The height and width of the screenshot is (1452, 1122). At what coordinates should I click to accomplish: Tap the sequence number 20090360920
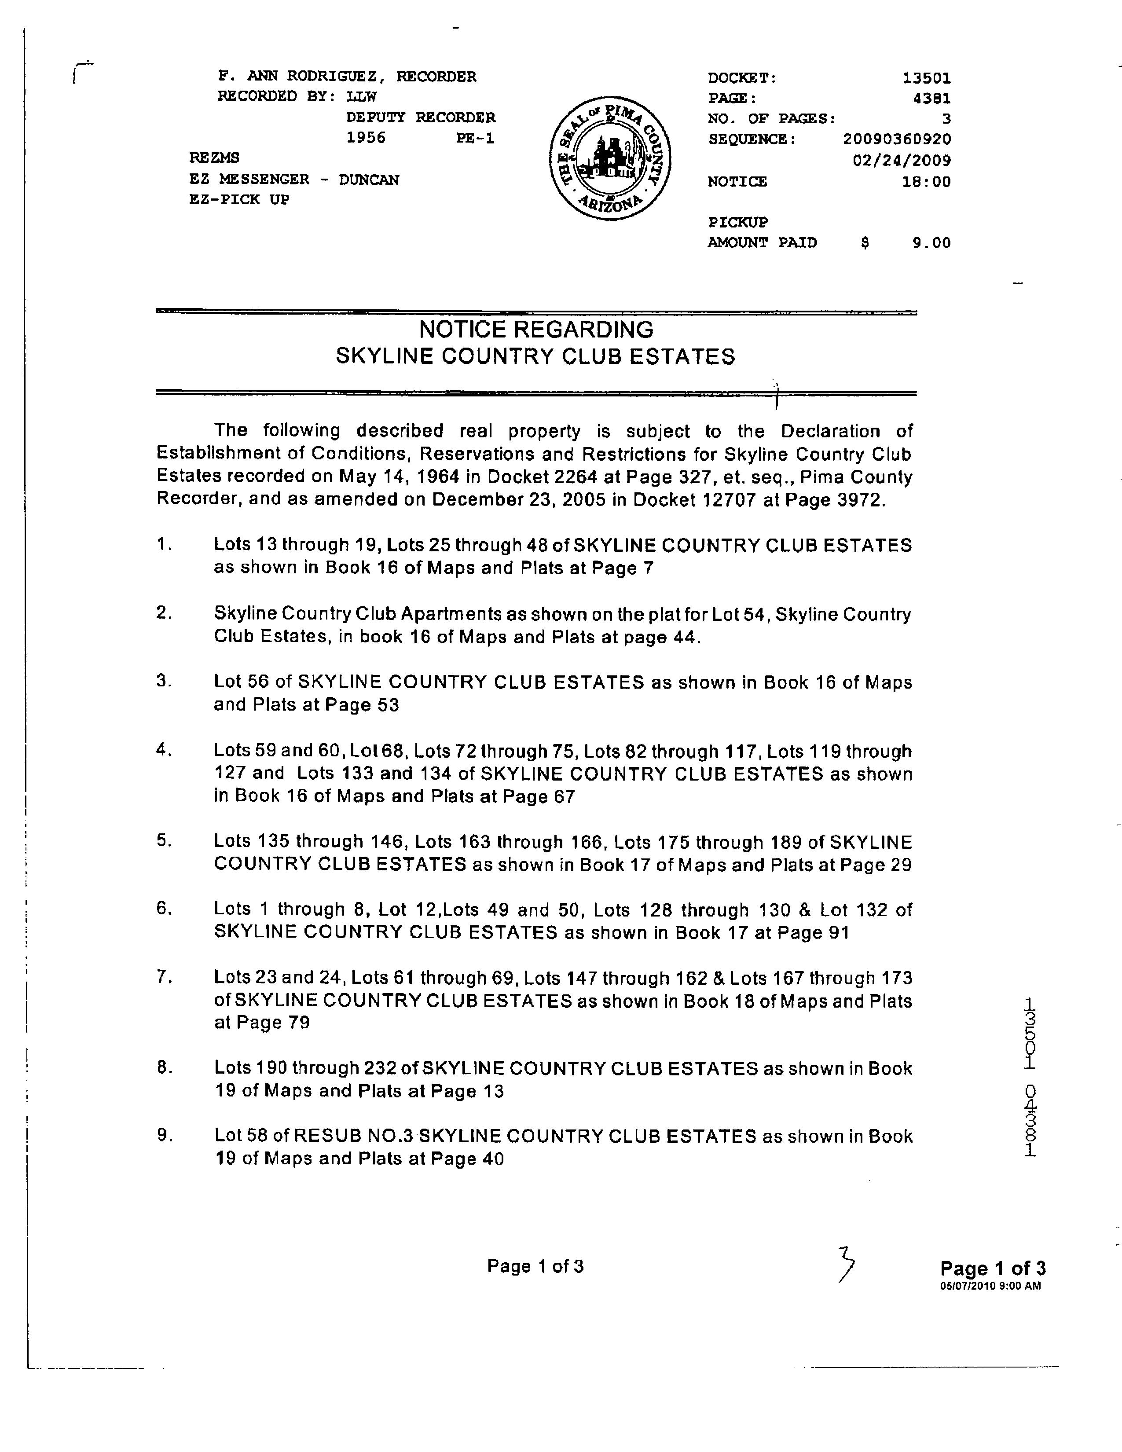pyautogui.click(x=897, y=139)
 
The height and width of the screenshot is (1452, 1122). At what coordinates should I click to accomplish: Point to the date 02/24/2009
pyautogui.click(x=901, y=160)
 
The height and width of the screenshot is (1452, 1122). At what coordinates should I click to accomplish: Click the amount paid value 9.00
pyautogui.click(x=931, y=243)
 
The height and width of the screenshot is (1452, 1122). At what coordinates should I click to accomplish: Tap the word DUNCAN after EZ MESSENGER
pyautogui.click(x=369, y=180)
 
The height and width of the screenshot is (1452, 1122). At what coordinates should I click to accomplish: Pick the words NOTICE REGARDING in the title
pyautogui.click(x=536, y=329)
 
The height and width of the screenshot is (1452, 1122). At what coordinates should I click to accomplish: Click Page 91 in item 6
pyautogui.click(x=814, y=932)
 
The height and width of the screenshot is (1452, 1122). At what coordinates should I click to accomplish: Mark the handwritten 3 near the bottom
pyautogui.click(x=846, y=1264)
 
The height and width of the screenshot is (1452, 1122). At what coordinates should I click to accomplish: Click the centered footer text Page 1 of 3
pyautogui.click(x=535, y=1266)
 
